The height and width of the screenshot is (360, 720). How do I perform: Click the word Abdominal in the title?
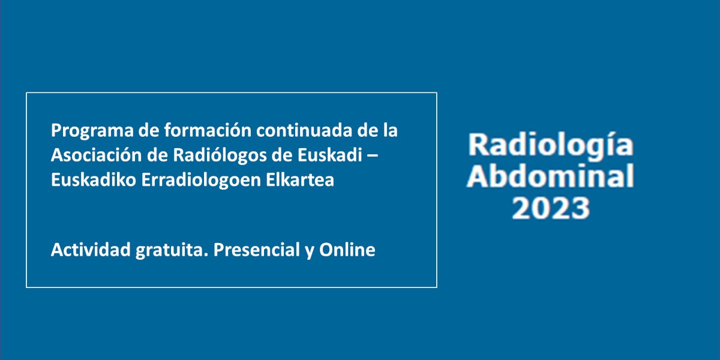click(550, 177)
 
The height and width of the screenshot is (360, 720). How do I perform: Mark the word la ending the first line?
click(391, 130)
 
